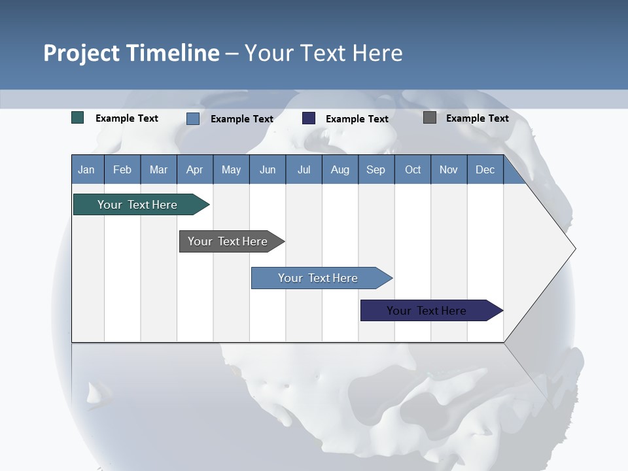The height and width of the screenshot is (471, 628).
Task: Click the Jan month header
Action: pyautogui.click(x=86, y=169)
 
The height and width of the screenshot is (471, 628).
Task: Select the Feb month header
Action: pyautogui.click(x=122, y=169)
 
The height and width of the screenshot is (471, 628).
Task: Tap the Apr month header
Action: pyautogui.click(x=194, y=169)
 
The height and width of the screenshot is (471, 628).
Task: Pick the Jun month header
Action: pyautogui.click(x=268, y=169)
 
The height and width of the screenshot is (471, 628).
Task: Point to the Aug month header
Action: pyautogui.click(x=340, y=169)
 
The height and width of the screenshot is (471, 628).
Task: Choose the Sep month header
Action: pyautogui.click(x=375, y=169)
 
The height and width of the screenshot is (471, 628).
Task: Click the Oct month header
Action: pyautogui.click(x=413, y=169)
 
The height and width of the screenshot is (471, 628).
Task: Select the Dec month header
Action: pyautogui.click(x=485, y=169)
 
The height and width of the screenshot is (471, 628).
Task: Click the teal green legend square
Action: pyautogui.click(x=78, y=118)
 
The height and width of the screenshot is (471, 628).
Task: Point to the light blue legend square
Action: pyautogui.click(x=193, y=118)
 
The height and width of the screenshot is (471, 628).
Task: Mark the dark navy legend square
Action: pyautogui.click(x=309, y=118)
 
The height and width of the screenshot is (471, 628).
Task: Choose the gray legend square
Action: pyautogui.click(x=430, y=118)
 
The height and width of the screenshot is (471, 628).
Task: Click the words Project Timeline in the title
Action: pyautogui.click(x=131, y=53)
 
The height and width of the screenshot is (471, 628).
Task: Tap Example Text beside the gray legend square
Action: pyautogui.click(x=477, y=118)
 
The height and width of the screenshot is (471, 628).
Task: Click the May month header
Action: pyautogui.click(x=231, y=169)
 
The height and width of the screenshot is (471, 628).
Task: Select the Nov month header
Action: pyautogui.click(x=449, y=169)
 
